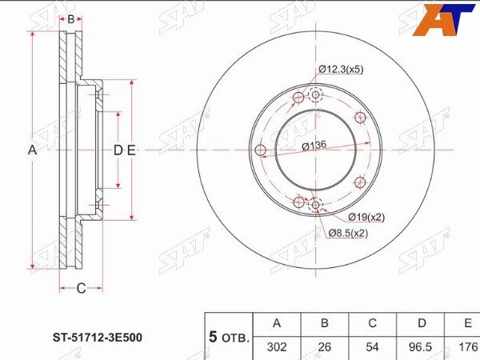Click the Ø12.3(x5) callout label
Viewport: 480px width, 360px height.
[341, 70]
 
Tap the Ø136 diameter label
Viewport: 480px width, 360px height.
[314, 146]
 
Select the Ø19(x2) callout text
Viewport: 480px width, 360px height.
[366, 218]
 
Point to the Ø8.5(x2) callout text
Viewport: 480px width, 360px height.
[348, 234]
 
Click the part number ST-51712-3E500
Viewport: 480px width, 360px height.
[98, 338]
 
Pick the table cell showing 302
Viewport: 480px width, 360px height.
[277, 347]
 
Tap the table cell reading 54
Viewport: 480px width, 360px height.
[373, 347]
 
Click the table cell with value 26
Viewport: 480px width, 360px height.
[325, 347]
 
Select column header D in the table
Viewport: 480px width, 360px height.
[422, 323]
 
